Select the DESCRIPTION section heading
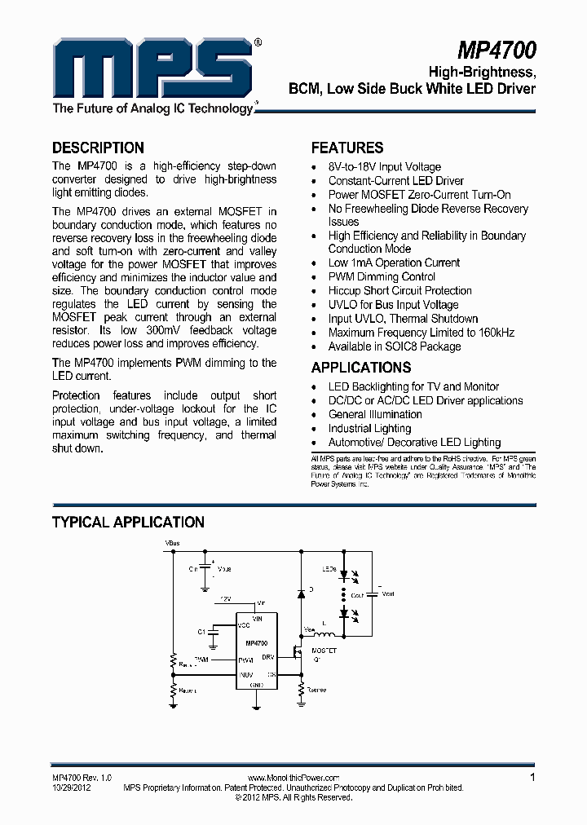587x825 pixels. (98, 148)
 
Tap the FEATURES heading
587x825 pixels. (347, 148)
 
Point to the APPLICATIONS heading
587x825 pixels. (361, 368)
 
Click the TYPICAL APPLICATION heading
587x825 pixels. (128, 522)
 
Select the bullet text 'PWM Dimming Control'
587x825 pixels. (382, 276)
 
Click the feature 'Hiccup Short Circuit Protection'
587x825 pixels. (399, 290)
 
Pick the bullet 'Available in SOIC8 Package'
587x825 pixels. (395, 346)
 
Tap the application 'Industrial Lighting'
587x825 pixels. (369, 428)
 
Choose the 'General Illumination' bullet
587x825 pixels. (375, 414)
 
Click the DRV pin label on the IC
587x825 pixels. (268, 656)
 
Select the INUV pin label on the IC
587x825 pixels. (245, 674)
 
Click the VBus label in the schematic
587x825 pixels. (172, 542)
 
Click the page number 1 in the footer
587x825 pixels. (532, 778)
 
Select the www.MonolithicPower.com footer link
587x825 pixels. (293, 779)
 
